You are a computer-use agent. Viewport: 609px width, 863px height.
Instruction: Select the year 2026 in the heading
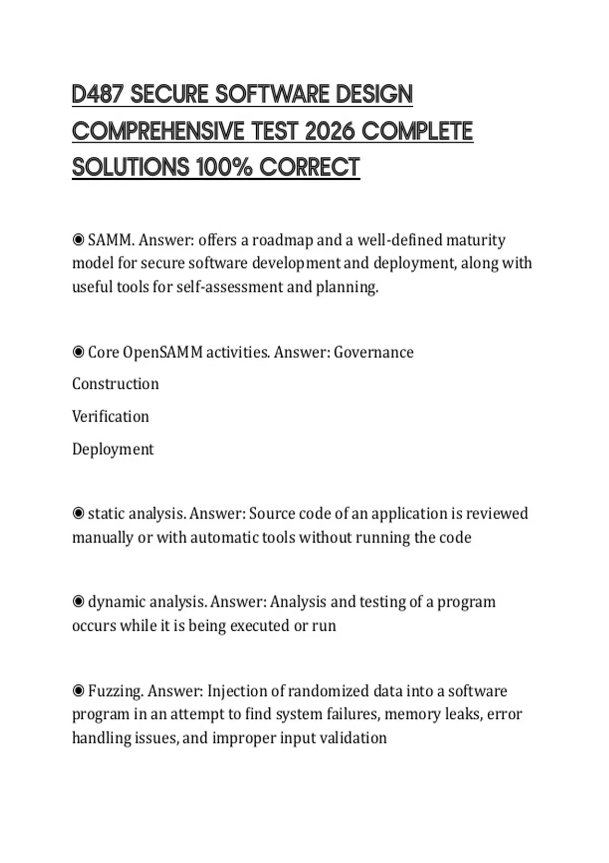pyautogui.click(x=330, y=131)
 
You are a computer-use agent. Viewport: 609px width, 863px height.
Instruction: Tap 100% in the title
pyautogui.click(x=224, y=168)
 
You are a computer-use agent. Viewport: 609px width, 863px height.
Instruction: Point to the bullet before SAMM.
pyautogui.click(x=78, y=240)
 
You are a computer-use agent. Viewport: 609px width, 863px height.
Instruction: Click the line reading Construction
pyautogui.click(x=115, y=384)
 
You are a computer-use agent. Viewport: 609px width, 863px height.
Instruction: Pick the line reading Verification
pyautogui.click(x=111, y=417)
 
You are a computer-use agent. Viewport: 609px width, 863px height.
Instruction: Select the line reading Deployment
pyautogui.click(x=113, y=449)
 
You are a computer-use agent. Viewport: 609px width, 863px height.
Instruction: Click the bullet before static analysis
pyautogui.click(x=78, y=513)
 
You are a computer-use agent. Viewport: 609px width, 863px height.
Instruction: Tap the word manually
pyautogui.click(x=102, y=537)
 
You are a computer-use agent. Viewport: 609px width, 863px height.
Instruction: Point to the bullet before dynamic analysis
pyautogui.click(x=78, y=602)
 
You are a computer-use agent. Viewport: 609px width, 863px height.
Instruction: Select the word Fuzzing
pyautogui.click(x=116, y=691)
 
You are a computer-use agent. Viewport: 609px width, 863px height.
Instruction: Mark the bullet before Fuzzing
pyautogui.click(x=78, y=691)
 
